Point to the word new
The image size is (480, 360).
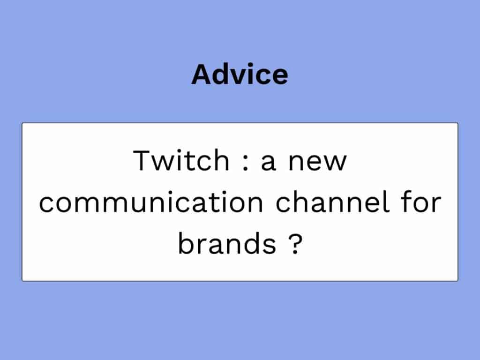(x=317, y=163)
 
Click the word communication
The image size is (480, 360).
(x=151, y=202)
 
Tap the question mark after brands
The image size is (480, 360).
(x=295, y=243)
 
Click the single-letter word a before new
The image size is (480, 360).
(x=269, y=163)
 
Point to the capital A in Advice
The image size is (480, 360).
(x=202, y=75)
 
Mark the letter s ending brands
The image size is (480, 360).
(x=270, y=246)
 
